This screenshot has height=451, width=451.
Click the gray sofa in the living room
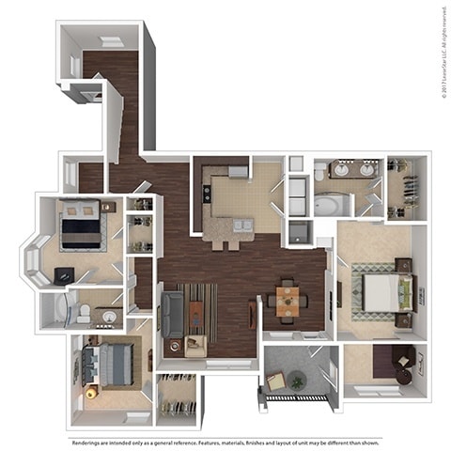173,314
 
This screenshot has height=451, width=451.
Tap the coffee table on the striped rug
195,311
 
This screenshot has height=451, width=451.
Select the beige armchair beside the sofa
195,345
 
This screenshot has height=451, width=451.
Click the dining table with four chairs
288,302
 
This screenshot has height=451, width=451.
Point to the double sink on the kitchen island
240,225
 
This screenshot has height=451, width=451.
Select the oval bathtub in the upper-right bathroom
331,204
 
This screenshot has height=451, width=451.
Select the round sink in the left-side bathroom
109,317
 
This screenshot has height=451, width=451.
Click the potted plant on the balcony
298,380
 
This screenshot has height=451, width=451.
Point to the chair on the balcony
275,381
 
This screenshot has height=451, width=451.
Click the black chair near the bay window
63,275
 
